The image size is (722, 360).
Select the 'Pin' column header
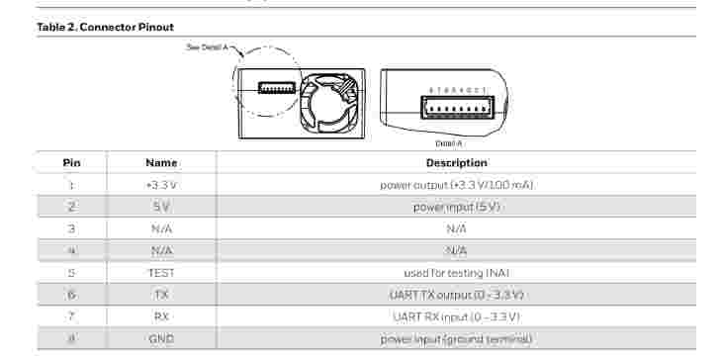pyautogui.click(x=71, y=162)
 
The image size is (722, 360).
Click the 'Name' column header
pyautogui.click(x=161, y=162)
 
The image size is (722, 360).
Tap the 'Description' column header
pyautogui.click(x=456, y=162)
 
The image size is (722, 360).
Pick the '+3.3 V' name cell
pyautogui.click(x=161, y=185)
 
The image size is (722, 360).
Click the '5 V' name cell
pyautogui.click(x=161, y=207)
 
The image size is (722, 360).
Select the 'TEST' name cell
pyautogui.click(x=161, y=272)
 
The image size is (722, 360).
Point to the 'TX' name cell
pyautogui.click(x=161, y=295)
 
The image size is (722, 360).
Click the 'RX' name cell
pyautogui.click(x=161, y=316)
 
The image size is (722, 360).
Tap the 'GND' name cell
pyautogui.click(x=161, y=339)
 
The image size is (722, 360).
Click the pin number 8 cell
pyautogui.click(x=71, y=339)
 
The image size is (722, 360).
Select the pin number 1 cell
pyautogui.click(x=71, y=185)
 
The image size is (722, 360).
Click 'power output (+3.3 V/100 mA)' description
pyautogui.click(x=456, y=185)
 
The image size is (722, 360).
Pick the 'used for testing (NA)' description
pyautogui.click(x=456, y=272)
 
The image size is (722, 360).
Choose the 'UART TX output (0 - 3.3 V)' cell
pyautogui.click(x=456, y=295)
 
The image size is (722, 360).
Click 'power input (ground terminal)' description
pyautogui.click(x=456, y=339)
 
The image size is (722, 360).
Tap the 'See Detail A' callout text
pyautogui.click(x=208, y=46)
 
